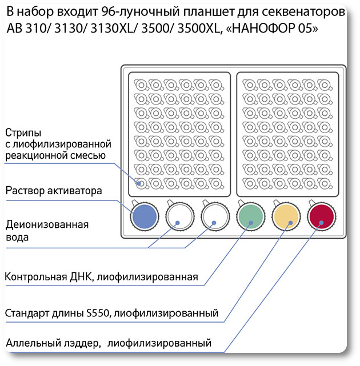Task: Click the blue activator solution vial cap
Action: tap(145, 216)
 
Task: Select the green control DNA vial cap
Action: tap(251, 216)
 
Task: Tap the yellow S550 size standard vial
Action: tap(286, 216)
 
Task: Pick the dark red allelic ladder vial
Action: tap(322, 216)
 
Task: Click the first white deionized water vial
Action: tap(180, 216)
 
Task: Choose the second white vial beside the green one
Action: tap(215, 216)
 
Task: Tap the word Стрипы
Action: tap(23, 133)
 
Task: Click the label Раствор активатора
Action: tap(54, 191)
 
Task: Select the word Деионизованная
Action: tap(47, 224)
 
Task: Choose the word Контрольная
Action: tap(36, 277)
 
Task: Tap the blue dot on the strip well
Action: tap(139, 183)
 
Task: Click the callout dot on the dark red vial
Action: tap(322, 223)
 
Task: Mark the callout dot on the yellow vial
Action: tap(290, 223)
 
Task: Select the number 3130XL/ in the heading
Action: tap(114, 28)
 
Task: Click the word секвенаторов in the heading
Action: tap(303, 12)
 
